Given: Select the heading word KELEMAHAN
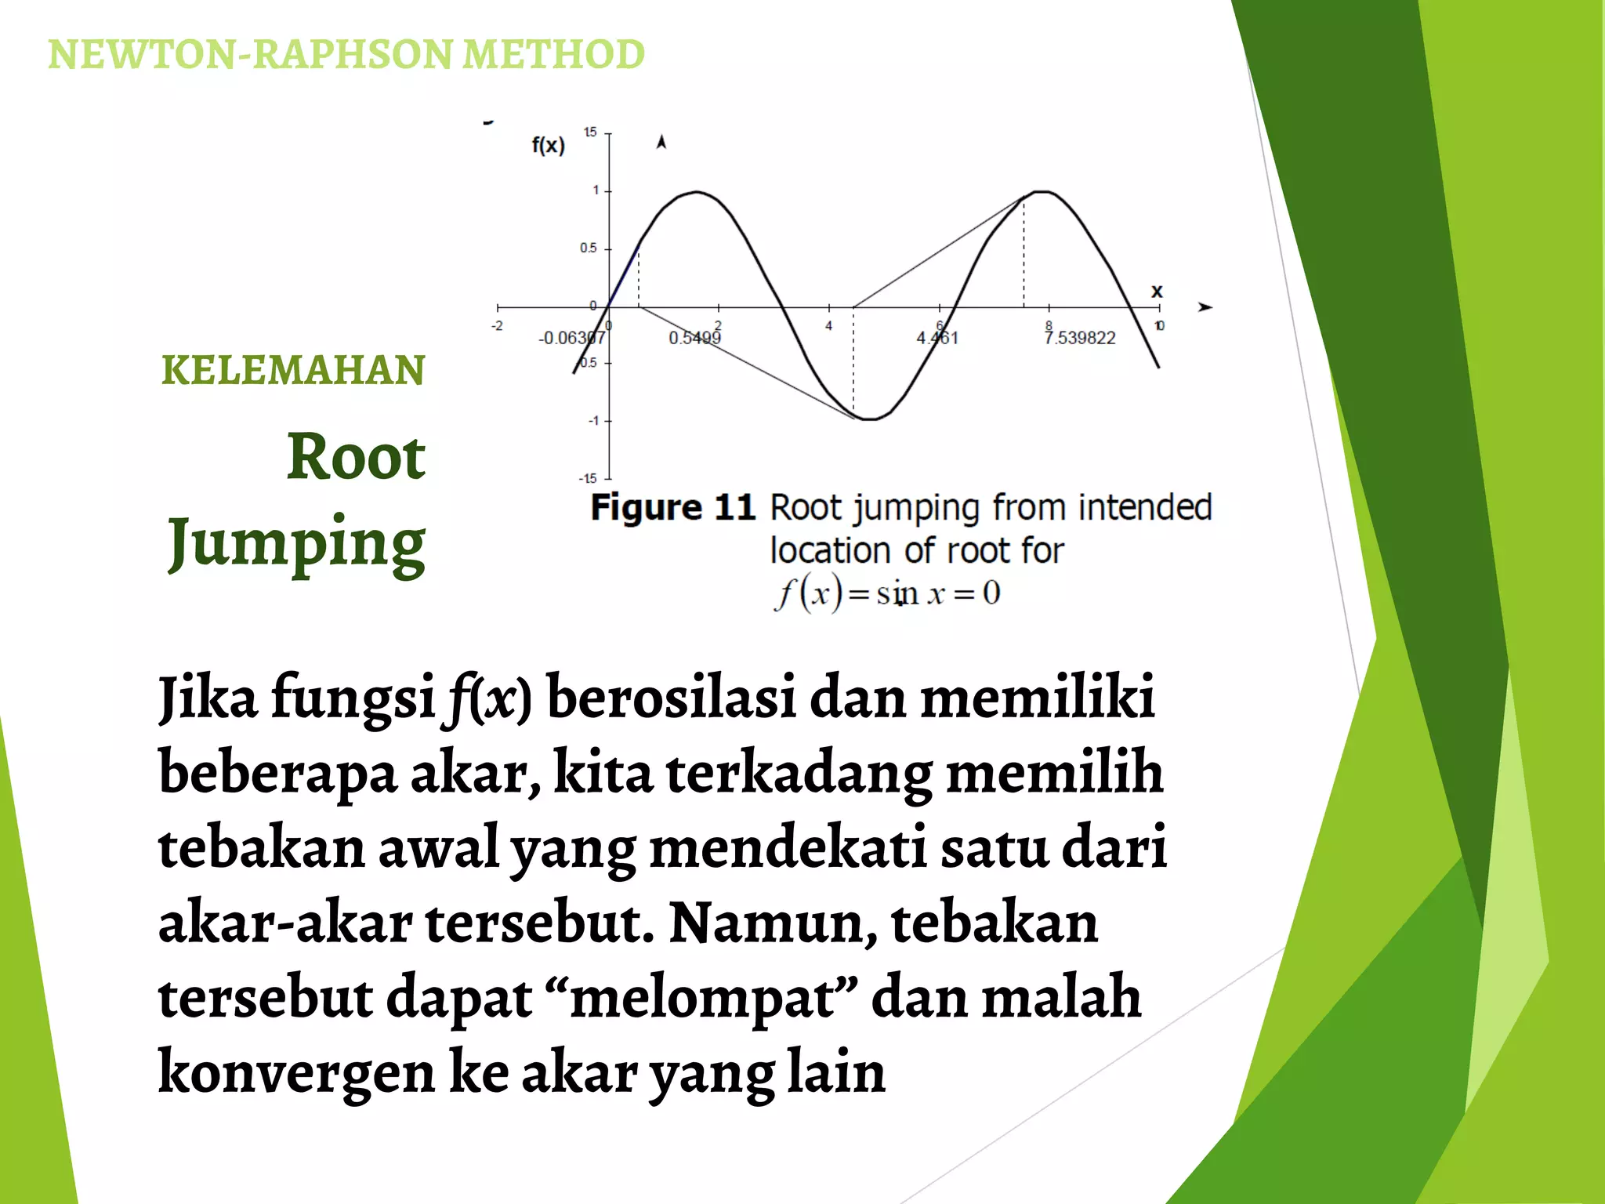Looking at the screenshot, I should [292, 371].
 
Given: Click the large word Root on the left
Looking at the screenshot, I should [356, 457].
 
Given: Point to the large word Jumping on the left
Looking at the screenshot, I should [296, 543].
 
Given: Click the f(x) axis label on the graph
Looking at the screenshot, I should [548, 145].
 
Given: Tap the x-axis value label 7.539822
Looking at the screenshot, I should [1080, 338].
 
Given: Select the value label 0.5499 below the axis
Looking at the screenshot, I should [694, 338].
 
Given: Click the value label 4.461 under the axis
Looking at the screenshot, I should [937, 338].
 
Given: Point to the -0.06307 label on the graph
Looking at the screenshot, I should [571, 338].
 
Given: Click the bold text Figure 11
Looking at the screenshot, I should [672, 508].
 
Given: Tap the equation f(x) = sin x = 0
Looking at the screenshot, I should [887, 593].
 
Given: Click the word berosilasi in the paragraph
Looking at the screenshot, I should [671, 697].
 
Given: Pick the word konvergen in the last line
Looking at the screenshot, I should [296, 1073].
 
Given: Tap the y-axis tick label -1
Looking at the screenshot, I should [593, 421].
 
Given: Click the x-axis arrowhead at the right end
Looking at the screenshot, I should [1205, 307].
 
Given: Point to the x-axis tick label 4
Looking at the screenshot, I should [828, 325].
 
